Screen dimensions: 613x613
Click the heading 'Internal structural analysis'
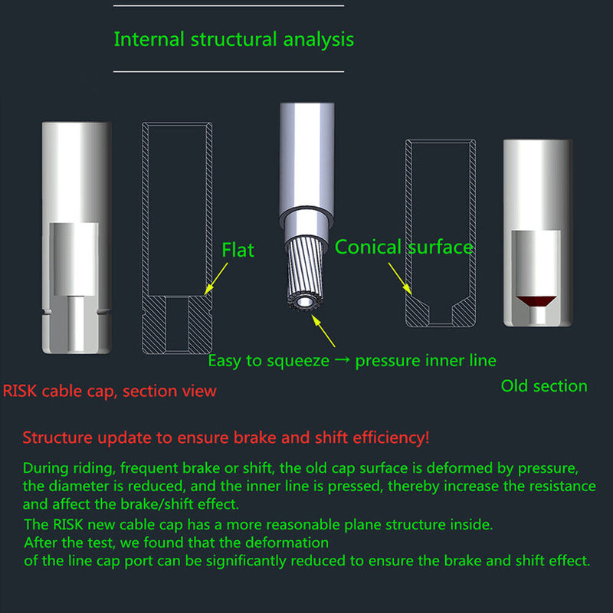click(x=234, y=39)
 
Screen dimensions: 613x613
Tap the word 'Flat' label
click(x=238, y=250)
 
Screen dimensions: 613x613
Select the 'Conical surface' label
click(x=404, y=247)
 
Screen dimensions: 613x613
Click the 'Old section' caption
click(x=544, y=386)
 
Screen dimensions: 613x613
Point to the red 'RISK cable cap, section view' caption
click(x=110, y=392)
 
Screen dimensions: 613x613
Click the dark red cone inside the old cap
click(x=536, y=300)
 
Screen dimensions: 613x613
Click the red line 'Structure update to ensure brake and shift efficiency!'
click(x=226, y=438)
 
